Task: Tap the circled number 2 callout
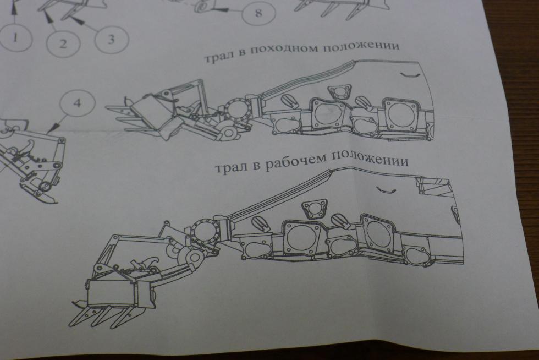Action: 63,43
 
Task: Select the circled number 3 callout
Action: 111,40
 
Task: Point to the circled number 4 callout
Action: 77,103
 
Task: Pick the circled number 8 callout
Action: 258,13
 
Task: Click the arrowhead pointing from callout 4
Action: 51,129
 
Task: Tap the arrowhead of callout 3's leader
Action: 78,20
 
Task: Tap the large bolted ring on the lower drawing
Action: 204,232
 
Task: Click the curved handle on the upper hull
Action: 411,75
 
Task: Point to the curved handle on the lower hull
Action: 386,190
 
